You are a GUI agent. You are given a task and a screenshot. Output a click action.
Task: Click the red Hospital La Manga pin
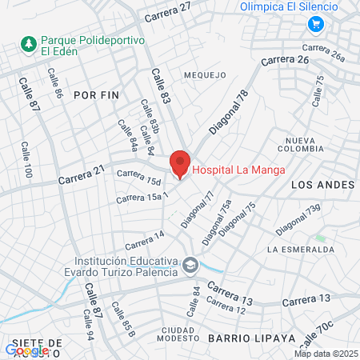pos(179,164)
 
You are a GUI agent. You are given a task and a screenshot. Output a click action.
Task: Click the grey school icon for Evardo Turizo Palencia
pos(190,264)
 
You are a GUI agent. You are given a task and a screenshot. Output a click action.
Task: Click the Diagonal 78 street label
pos(230,112)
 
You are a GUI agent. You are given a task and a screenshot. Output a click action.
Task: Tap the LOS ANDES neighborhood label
pos(323,185)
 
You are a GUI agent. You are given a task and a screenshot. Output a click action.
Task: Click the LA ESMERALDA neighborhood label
pos(301,250)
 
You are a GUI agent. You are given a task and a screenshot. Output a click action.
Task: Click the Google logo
pos(26,350)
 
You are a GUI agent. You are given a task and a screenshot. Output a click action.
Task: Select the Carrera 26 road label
pos(284,60)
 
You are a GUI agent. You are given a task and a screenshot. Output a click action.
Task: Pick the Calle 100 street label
pos(26,160)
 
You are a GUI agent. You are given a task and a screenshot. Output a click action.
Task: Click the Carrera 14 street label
pos(144,238)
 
